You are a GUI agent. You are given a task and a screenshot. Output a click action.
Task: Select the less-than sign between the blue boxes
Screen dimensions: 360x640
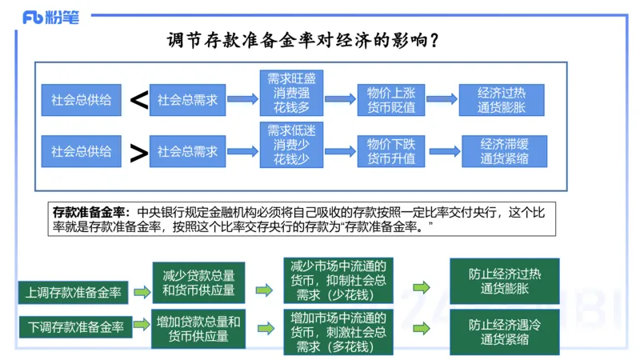point(139,100)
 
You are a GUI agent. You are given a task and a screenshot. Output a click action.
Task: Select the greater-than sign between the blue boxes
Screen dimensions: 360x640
point(139,152)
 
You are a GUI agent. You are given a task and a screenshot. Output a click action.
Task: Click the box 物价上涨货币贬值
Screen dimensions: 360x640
point(390,100)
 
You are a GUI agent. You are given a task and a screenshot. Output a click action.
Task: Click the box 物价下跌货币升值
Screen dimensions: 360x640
point(390,151)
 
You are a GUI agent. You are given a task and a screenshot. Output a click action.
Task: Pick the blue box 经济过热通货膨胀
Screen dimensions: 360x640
point(502,100)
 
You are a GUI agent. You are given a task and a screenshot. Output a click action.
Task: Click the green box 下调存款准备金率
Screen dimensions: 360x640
point(75,326)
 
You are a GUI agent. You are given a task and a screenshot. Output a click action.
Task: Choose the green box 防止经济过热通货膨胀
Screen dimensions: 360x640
point(504,281)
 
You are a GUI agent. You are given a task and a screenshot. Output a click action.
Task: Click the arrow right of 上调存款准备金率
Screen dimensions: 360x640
point(141,292)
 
